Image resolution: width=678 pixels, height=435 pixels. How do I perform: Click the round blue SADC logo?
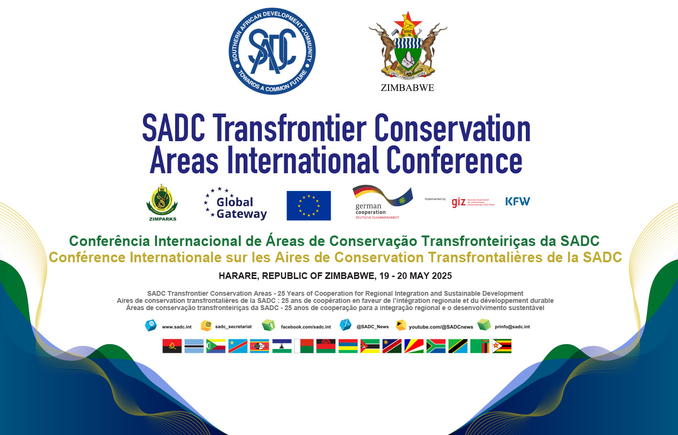pos(272,51)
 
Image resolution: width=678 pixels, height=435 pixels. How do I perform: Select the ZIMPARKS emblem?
pos(162,202)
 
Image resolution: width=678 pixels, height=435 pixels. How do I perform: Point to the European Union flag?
pos(309,205)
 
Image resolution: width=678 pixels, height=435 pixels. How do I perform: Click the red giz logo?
pos(458,202)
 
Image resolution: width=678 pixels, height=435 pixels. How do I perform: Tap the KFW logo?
pos(518,201)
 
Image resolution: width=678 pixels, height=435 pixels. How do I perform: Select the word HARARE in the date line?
pos(239,276)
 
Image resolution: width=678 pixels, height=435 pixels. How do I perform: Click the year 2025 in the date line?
pos(441,276)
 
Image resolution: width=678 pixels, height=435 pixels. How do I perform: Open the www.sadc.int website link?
pos(177,327)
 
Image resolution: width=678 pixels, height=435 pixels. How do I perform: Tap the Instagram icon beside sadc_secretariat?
pos(206,325)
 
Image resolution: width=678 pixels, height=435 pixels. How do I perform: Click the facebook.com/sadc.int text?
pos(306,327)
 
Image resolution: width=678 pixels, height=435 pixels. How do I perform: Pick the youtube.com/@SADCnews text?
pos(441,327)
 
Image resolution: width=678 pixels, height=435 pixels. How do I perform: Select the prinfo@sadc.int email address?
pos(512,327)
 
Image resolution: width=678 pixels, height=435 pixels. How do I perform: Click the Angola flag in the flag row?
pos(172,346)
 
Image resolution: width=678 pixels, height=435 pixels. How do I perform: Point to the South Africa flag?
pos(436,346)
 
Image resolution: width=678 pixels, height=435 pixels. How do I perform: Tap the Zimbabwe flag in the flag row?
pos(502,346)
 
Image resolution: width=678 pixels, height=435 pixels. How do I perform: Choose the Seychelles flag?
pos(414,346)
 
